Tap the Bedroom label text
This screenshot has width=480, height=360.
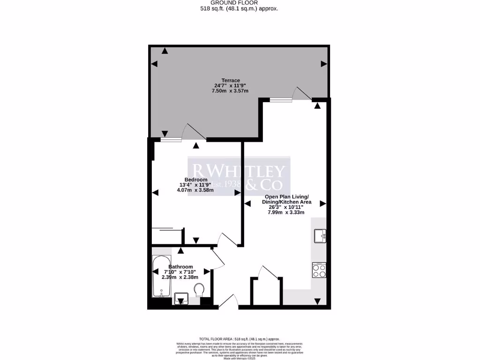coord(195,180)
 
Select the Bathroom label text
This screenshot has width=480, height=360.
coord(180,267)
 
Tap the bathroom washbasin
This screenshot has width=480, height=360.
coord(181,298)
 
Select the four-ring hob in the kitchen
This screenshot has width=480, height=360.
coord(319,270)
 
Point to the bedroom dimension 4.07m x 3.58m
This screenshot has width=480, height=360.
coord(195,190)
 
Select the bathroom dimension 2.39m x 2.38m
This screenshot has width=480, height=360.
coord(180,277)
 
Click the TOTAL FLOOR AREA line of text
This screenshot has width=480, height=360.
coord(240,338)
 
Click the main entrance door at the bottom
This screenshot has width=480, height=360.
coord(228,302)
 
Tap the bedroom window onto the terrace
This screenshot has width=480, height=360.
coord(172,139)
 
